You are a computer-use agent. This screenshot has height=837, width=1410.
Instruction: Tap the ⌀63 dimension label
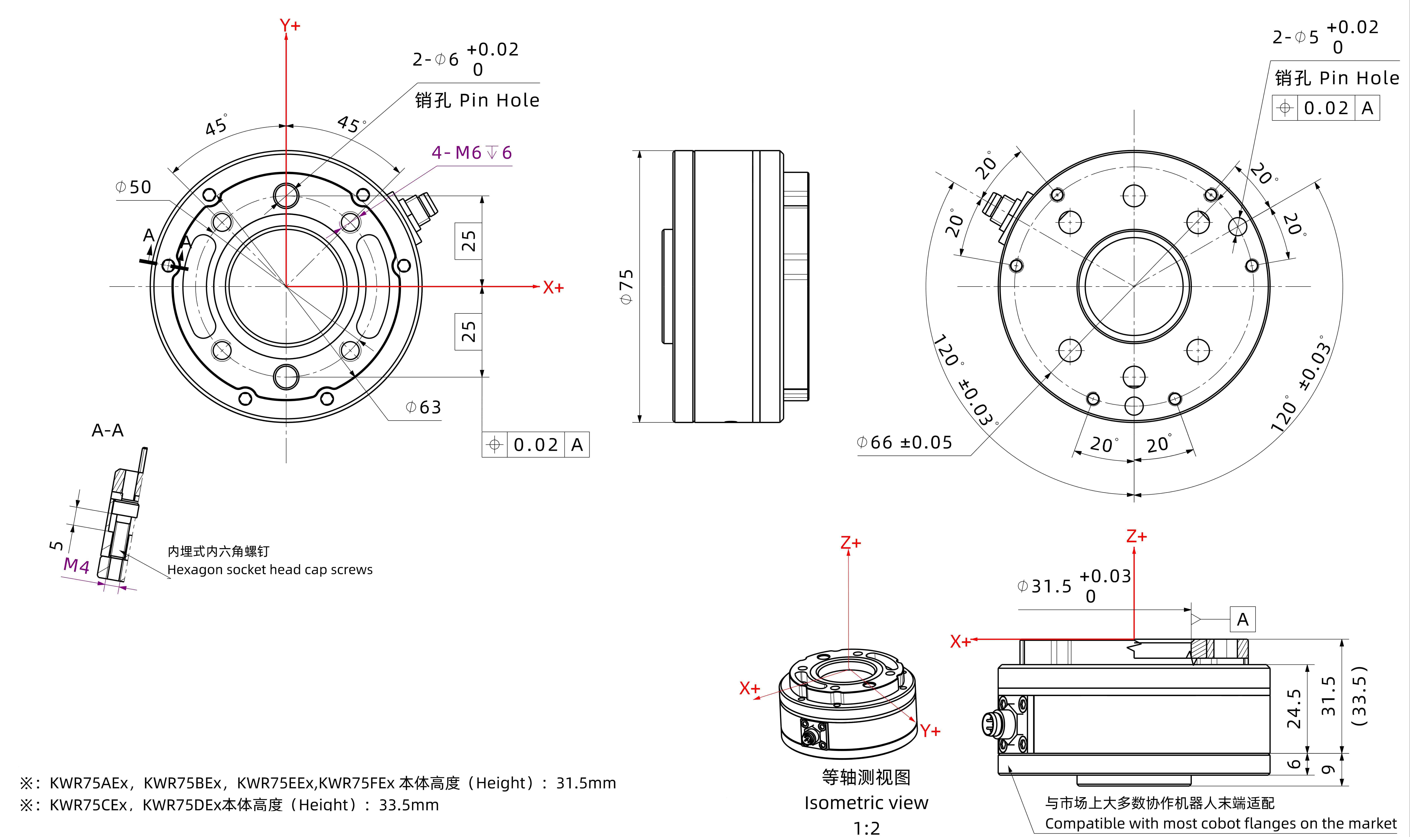[423, 407]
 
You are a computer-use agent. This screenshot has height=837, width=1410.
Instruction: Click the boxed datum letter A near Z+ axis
[1242, 620]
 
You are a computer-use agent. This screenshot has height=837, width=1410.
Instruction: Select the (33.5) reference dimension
[1359, 696]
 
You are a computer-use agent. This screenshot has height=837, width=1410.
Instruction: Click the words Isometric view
[866, 803]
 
